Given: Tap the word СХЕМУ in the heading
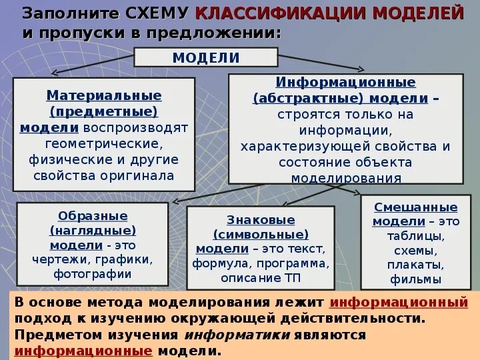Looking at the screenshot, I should [x=161, y=13].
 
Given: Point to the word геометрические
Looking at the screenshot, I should [x=104, y=143].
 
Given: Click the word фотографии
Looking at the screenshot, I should [x=93, y=273].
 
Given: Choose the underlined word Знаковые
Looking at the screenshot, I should [x=261, y=219].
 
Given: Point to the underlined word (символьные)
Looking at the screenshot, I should [x=261, y=234].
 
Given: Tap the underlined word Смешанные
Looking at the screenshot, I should [x=416, y=207].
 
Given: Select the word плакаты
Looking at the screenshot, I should [x=416, y=265].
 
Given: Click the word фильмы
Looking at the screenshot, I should [x=416, y=279].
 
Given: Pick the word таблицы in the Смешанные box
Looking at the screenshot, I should [x=416, y=236].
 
